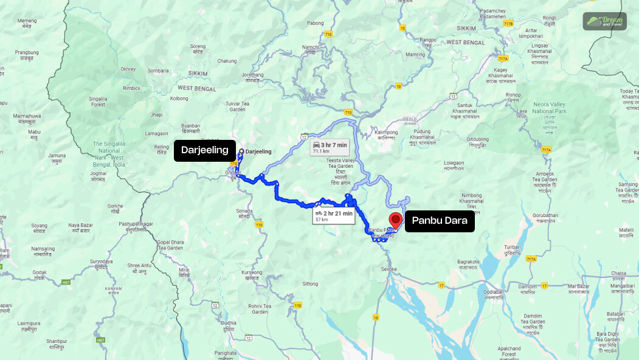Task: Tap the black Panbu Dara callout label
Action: tap(439, 221)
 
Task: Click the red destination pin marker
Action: tap(396, 220)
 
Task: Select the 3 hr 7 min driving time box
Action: tap(329, 148)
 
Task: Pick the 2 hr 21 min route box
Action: tap(333, 216)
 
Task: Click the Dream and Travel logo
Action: tap(604, 21)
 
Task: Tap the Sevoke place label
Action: tap(389, 269)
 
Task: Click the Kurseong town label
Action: tap(251, 274)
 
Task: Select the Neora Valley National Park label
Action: tap(549, 108)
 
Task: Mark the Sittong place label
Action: tap(310, 284)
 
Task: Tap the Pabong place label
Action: tap(315, 23)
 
